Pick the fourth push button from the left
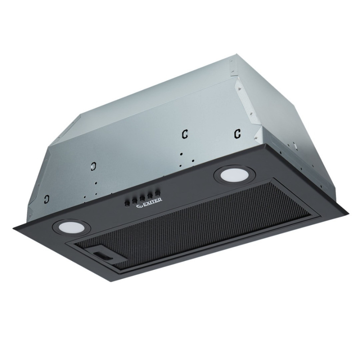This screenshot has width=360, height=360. [150, 196]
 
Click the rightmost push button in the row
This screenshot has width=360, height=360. [157, 194]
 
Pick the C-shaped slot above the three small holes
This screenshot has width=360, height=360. [184, 134]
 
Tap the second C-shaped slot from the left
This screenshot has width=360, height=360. [94, 166]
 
